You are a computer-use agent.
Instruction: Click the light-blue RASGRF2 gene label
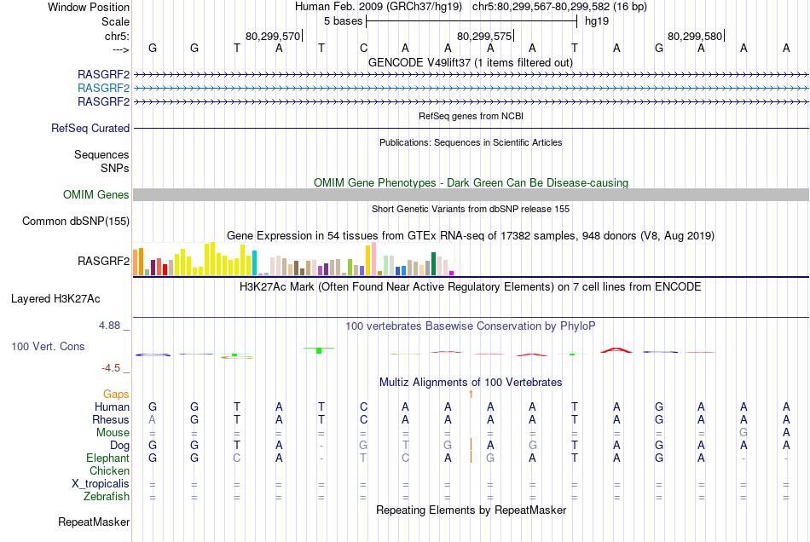click(103, 88)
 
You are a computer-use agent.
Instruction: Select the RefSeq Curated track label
click(90, 129)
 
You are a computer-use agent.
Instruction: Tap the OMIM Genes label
click(96, 195)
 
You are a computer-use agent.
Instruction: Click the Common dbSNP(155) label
click(77, 222)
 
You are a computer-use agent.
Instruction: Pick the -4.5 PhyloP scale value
click(114, 368)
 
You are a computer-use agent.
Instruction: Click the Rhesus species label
click(111, 420)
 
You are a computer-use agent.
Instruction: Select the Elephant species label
click(107, 458)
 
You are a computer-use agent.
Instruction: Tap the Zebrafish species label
click(107, 497)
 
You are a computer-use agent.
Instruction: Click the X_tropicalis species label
click(101, 484)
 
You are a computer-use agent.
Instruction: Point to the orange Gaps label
click(117, 395)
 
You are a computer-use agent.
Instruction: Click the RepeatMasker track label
click(94, 522)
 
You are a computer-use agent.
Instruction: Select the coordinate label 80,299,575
click(484, 37)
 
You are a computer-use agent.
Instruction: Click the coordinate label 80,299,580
click(695, 37)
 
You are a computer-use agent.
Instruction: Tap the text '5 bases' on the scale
click(343, 21)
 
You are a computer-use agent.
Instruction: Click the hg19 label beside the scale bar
click(596, 21)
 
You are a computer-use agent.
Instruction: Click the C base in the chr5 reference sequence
click(364, 49)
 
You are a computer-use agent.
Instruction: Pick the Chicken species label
click(109, 471)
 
